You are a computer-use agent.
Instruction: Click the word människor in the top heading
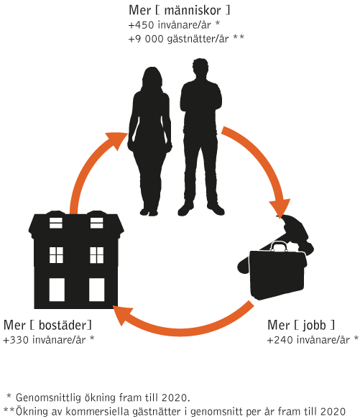(x=193, y=11)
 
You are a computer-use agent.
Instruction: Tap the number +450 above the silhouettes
(x=141, y=25)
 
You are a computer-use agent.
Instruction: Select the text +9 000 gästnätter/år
(x=178, y=39)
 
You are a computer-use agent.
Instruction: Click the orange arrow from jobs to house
(x=182, y=326)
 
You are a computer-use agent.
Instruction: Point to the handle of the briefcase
(x=280, y=246)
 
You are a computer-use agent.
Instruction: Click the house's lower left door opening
(x=57, y=290)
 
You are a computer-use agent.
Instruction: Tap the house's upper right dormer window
(x=96, y=223)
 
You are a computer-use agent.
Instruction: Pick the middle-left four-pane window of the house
(x=56, y=255)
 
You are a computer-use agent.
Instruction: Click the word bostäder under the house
(x=63, y=326)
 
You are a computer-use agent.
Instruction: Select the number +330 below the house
(x=16, y=340)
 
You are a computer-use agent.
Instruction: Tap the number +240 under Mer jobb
(x=280, y=340)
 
